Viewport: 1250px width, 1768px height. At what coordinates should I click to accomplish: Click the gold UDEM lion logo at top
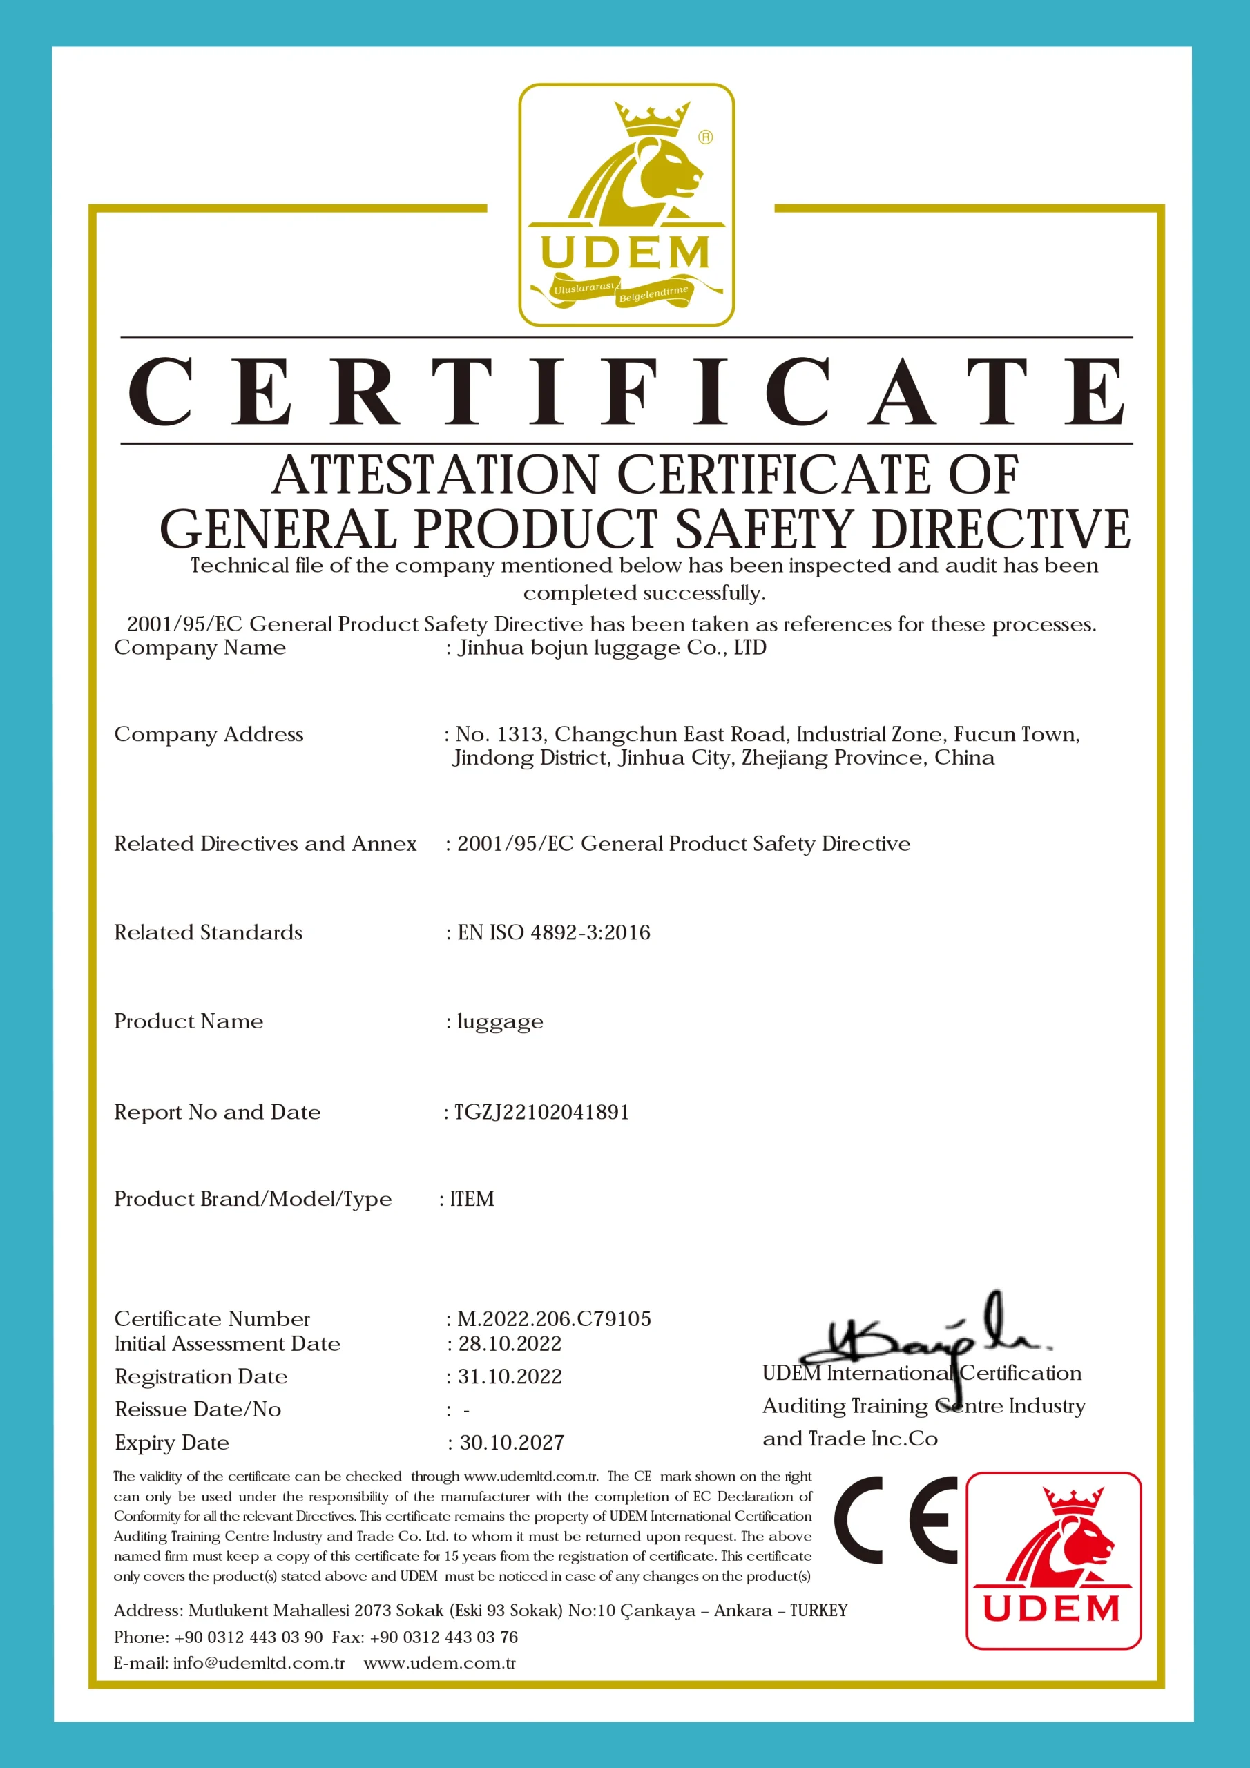pos(626,205)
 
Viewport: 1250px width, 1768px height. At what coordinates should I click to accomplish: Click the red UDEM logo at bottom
pos(1053,1560)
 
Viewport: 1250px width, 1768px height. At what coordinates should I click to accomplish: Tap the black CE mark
pos(895,1520)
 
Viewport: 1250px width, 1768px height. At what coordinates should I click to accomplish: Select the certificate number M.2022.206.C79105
pos(554,1319)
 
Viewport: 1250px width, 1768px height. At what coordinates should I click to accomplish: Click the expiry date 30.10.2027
pos(512,1442)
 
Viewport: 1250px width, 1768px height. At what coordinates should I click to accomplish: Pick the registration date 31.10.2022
pos(510,1377)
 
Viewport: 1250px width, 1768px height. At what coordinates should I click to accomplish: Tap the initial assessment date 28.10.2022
pos(510,1344)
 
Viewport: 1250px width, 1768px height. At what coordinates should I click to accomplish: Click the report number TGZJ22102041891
pos(541,1112)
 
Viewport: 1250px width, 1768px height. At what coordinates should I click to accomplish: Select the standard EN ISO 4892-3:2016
pos(554,932)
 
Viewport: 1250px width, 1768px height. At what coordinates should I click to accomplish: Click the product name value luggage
pos(500,1022)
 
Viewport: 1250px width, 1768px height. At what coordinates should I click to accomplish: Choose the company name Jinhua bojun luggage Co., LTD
pos(613,648)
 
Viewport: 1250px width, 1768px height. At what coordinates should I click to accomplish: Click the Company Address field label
pos(209,735)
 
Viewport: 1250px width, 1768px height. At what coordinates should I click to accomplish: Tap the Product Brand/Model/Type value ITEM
pos(472,1199)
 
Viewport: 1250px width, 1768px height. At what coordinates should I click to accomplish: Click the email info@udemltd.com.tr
pos(259,1662)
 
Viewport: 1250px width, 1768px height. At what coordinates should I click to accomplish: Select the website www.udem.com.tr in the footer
pos(440,1662)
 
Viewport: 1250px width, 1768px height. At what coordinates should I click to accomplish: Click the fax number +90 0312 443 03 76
pos(443,1637)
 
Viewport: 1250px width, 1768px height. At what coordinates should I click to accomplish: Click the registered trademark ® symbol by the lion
pos(706,137)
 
